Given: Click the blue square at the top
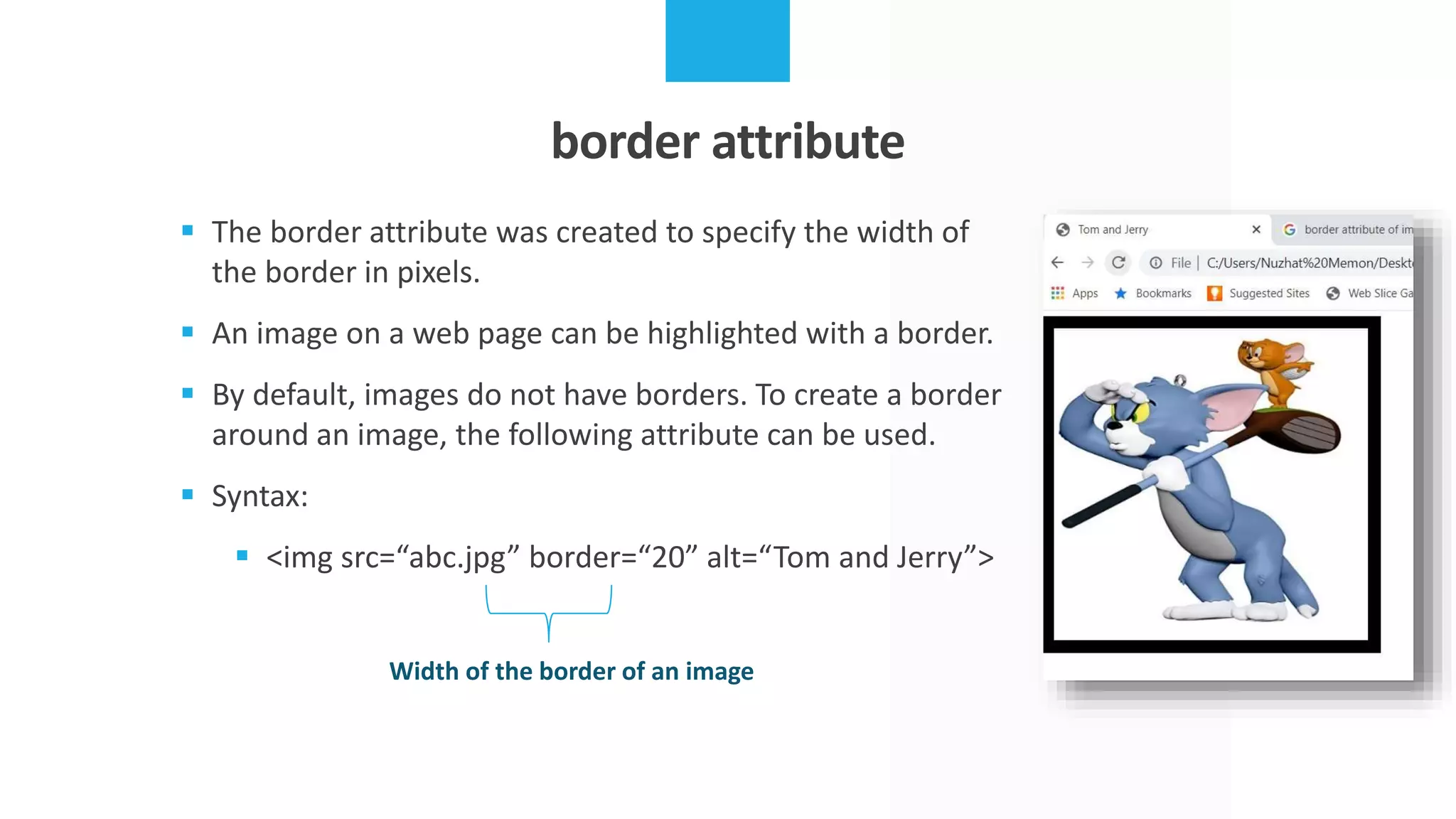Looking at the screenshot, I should pyautogui.click(x=727, y=41).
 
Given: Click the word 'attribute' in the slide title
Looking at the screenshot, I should pyautogui.click(x=808, y=141).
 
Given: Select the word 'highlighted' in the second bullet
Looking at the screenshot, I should pyautogui.click(x=722, y=334).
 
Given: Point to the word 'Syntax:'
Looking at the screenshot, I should pyautogui.click(x=260, y=496).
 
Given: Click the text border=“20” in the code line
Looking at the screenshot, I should pyautogui.click(x=613, y=558).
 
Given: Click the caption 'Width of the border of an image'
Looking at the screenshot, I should pyautogui.click(x=571, y=671).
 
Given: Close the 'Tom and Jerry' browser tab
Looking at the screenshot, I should pyautogui.click(x=1256, y=230).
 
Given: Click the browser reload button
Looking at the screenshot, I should pyautogui.click(x=1118, y=263).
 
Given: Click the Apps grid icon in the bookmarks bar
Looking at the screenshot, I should pyautogui.click(x=1058, y=294).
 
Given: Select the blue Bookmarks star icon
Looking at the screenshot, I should pyautogui.click(x=1120, y=294).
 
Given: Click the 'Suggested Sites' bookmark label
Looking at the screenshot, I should pyautogui.click(x=1269, y=294).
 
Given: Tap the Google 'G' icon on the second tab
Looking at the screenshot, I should pyautogui.click(x=1290, y=230).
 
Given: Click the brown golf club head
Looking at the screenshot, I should pyautogui.click(x=1305, y=432).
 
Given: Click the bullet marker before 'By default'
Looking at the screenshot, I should pyautogui.click(x=188, y=393).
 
